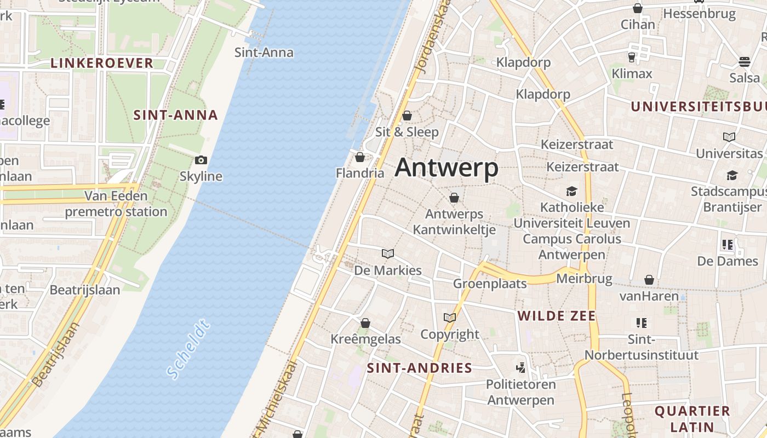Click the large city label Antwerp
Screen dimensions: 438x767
click(x=447, y=168)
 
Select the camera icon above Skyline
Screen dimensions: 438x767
click(x=201, y=160)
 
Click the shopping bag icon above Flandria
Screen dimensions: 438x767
click(x=360, y=158)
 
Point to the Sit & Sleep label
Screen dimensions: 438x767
click(x=407, y=132)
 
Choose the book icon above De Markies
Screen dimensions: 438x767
click(x=388, y=254)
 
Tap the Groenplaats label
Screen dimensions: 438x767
click(x=490, y=284)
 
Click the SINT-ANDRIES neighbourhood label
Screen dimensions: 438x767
click(x=420, y=368)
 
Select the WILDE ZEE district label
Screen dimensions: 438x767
click(x=557, y=316)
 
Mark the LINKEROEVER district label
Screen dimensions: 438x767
click(x=102, y=63)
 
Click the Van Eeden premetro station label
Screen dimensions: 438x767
click(x=116, y=204)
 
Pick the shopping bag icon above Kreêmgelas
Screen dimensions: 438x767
click(x=365, y=323)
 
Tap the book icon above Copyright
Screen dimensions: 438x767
click(x=450, y=318)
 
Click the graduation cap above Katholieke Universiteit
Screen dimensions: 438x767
click(x=572, y=191)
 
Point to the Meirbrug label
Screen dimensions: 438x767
click(x=584, y=279)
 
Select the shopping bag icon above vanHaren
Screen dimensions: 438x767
click(x=649, y=280)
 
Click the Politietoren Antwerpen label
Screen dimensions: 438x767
click(x=520, y=392)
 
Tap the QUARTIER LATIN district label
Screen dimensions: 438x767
click(x=692, y=419)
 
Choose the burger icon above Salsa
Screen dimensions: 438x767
click(x=744, y=61)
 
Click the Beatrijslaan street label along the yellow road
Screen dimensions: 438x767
click(x=55, y=354)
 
